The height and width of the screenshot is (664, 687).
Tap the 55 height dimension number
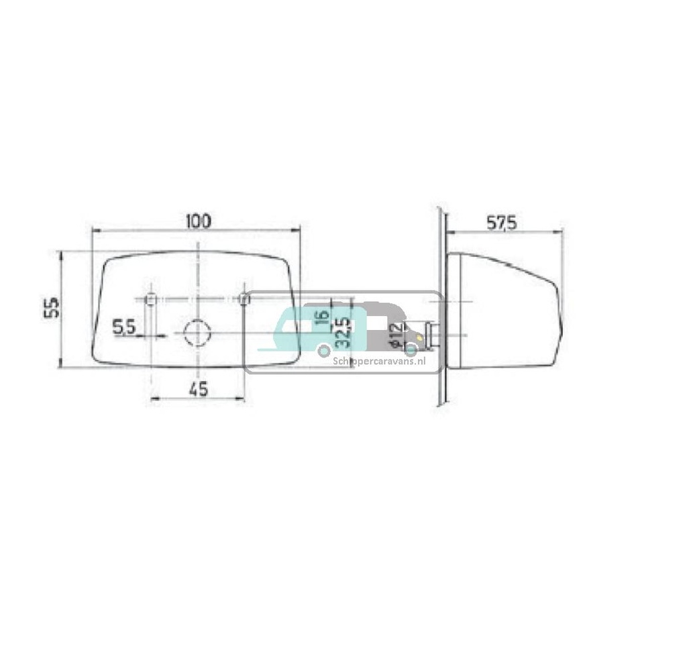(x=52, y=308)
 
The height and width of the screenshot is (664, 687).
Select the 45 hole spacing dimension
(x=198, y=388)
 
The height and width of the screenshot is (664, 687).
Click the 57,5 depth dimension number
(x=501, y=223)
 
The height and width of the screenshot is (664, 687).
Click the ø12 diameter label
(x=395, y=333)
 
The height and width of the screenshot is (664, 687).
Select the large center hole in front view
(x=197, y=331)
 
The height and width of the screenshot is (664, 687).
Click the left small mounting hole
(x=151, y=298)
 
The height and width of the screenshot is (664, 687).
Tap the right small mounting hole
(x=244, y=298)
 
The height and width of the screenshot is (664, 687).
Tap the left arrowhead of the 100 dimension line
(x=95, y=230)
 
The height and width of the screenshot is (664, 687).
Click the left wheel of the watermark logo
(x=324, y=349)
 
